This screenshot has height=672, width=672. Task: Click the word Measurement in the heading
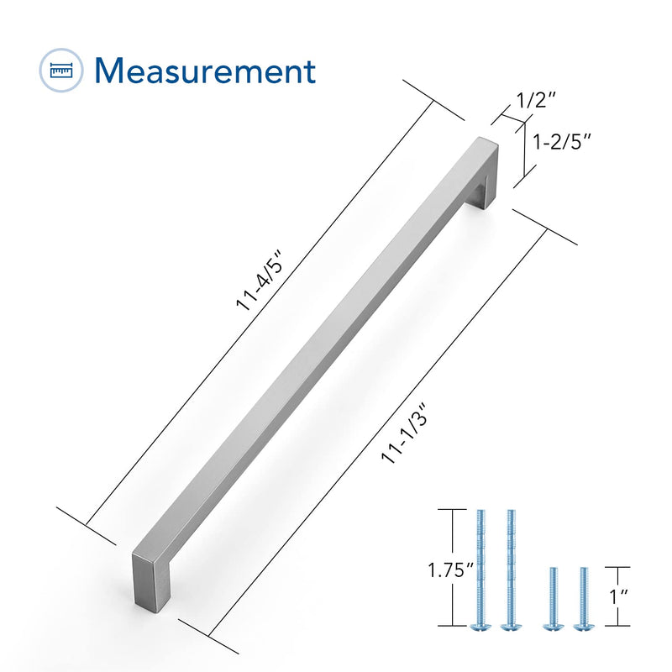205,71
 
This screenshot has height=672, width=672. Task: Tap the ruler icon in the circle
61,71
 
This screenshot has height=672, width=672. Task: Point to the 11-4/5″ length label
260,284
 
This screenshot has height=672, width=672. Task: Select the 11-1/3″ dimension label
404,433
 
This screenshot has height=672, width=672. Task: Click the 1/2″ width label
536,100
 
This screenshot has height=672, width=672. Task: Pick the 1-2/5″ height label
561,141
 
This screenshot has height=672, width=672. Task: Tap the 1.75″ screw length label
450,570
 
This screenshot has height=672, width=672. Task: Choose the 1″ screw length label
619,596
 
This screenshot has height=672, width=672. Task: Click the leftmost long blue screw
480,570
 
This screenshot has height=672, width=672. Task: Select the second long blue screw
511,570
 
